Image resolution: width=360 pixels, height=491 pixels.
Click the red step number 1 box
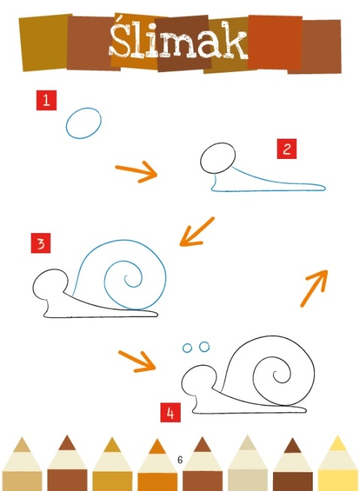[46, 100]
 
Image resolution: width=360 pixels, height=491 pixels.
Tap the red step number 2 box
[286, 148]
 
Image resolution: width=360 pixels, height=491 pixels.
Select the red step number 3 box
[40, 243]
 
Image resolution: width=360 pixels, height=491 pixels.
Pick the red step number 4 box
[170, 412]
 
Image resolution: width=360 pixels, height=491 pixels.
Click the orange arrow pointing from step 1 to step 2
[136, 171]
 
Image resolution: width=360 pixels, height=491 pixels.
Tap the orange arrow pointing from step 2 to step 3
[196, 232]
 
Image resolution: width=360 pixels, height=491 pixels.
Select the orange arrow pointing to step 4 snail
[137, 361]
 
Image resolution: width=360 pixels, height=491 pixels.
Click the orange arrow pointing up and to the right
[314, 288]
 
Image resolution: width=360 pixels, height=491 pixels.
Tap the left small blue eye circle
[187, 348]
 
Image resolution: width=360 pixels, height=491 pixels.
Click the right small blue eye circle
[204, 346]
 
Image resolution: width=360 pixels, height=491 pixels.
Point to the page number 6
[180, 460]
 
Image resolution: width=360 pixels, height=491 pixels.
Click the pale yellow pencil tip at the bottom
[337, 443]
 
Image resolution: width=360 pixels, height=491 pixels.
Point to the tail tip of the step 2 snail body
[325, 188]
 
